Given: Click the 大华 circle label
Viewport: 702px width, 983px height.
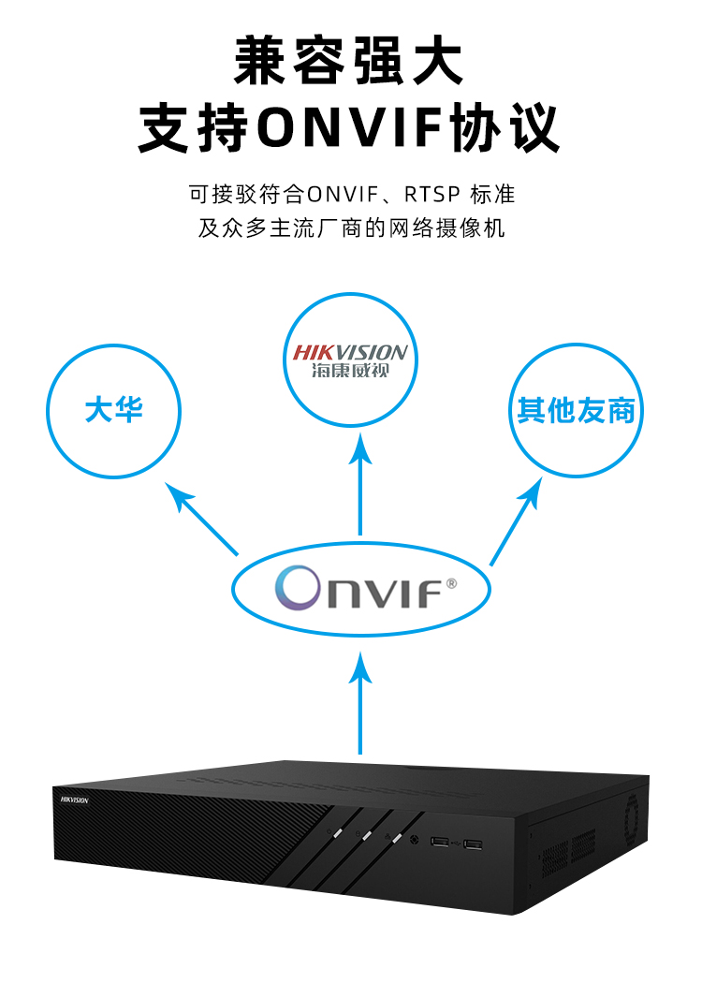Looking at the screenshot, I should click(x=113, y=410).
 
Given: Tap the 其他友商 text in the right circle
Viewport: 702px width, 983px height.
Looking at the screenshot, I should click(x=576, y=410).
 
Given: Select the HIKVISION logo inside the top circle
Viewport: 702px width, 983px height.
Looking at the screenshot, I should click(x=350, y=353).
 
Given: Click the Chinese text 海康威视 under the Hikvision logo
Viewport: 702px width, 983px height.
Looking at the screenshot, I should click(x=350, y=372).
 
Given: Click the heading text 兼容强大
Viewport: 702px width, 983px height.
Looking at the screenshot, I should click(x=350, y=62).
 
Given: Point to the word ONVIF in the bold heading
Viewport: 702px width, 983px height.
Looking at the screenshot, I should click(x=355, y=128).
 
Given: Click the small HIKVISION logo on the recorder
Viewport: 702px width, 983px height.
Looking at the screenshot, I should click(x=74, y=800).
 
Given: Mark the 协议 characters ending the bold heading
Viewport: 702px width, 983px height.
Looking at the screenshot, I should click(x=519, y=128).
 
